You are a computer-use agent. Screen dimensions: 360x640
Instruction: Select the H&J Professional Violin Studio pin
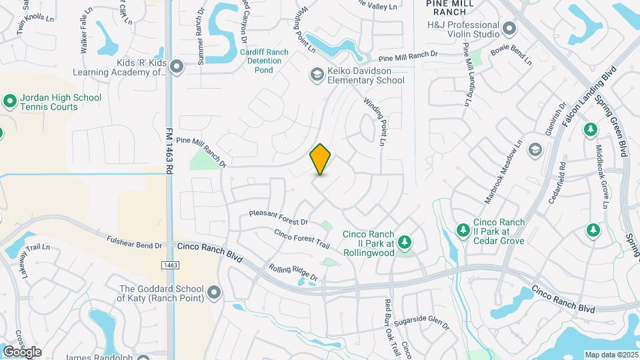pos(509,29)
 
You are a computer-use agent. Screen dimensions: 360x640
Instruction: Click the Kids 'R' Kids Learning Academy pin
pos(177,67)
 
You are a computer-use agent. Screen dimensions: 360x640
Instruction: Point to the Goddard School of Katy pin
pos(214,293)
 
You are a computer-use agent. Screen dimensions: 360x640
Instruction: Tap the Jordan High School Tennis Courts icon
pos(10,102)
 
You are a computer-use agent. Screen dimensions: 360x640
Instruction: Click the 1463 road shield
pos(169,265)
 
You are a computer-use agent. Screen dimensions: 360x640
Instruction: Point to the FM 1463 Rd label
pos(169,151)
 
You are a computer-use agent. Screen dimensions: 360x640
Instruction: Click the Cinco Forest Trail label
pos(302,239)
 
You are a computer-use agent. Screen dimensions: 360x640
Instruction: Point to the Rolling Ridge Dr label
pos(293,272)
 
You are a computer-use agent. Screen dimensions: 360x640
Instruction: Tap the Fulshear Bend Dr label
pos(135,241)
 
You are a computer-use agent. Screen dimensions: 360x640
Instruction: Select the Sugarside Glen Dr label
pos(421,325)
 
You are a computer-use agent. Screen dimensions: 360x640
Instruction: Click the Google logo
pos(22,352)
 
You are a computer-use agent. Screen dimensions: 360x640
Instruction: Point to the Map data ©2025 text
pos(611,355)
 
